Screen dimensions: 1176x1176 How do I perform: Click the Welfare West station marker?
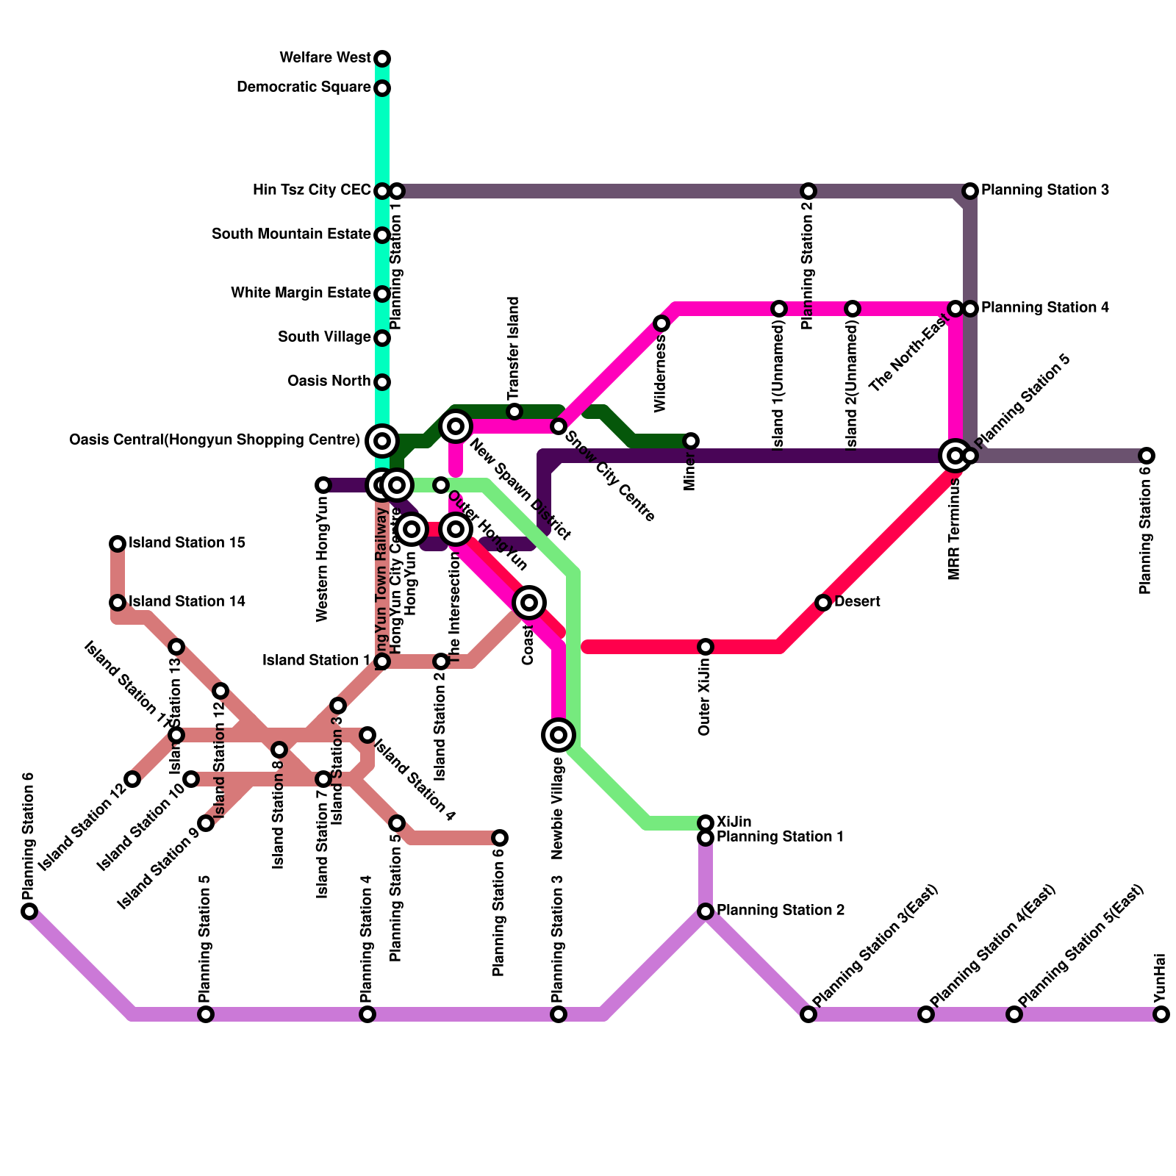click(x=382, y=59)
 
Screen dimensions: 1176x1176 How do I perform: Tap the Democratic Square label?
click(x=304, y=88)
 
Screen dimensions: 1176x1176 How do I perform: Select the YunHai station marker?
click(x=1161, y=1014)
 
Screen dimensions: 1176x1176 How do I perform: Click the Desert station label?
click(x=857, y=602)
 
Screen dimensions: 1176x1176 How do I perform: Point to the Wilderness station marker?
click(x=661, y=323)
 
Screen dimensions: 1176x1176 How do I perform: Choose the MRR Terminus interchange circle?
click(x=955, y=456)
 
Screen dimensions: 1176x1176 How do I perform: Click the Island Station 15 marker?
click(x=118, y=544)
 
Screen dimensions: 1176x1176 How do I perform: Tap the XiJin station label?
click(x=734, y=821)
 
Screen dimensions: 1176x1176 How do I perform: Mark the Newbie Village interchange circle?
click(x=559, y=734)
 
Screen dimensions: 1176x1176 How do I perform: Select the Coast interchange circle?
click(x=529, y=603)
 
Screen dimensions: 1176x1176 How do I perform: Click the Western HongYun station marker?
click(x=323, y=485)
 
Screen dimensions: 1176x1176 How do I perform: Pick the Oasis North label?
click(x=329, y=381)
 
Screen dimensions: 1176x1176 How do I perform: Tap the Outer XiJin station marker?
click(x=706, y=647)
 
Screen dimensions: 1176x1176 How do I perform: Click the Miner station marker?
click(x=691, y=441)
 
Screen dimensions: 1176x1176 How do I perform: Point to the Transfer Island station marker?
click(x=514, y=412)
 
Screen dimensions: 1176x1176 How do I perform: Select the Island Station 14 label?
click(x=187, y=602)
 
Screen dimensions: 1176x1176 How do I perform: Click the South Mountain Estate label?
click(x=291, y=234)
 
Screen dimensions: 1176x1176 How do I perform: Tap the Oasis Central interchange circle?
click(x=382, y=441)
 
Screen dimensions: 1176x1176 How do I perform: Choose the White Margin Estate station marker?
click(x=382, y=294)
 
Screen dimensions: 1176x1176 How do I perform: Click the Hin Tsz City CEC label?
click(x=312, y=190)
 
